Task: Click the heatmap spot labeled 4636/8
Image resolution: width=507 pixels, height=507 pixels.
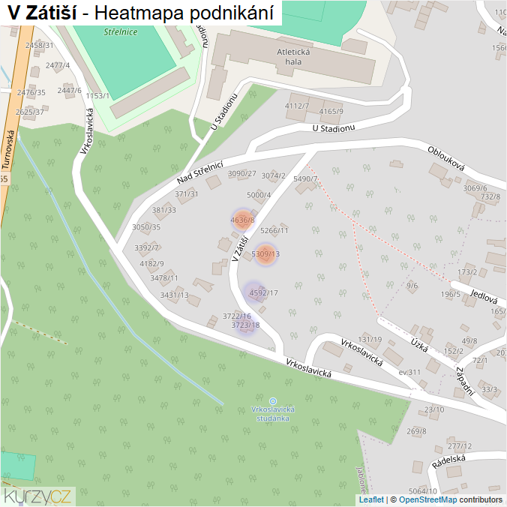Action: [x=242, y=220]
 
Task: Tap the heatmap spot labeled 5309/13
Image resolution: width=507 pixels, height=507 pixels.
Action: [x=265, y=254]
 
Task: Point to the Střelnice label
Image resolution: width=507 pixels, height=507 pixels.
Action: [x=120, y=32]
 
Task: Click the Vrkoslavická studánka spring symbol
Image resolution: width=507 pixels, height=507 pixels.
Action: [x=272, y=401]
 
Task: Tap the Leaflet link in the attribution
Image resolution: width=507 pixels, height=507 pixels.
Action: [x=371, y=499]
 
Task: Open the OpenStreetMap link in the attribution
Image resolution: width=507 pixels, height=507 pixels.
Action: [x=427, y=499]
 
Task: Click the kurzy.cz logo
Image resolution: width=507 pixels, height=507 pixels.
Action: [x=37, y=496]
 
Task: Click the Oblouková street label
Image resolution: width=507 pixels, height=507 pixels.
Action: [x=446, y=157]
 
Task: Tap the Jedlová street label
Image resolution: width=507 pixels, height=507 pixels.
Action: [x=484, y=296]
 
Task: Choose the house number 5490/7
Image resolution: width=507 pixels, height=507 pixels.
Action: [x=306, y=179]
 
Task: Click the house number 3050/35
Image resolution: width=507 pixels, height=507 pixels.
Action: [x=146, y=226]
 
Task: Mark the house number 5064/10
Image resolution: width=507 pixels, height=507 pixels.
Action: [x=422, y=491]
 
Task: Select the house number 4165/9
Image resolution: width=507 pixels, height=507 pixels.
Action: [x=331, y=112]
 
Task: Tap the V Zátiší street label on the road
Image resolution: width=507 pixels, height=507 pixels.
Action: [x=240, y=250]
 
